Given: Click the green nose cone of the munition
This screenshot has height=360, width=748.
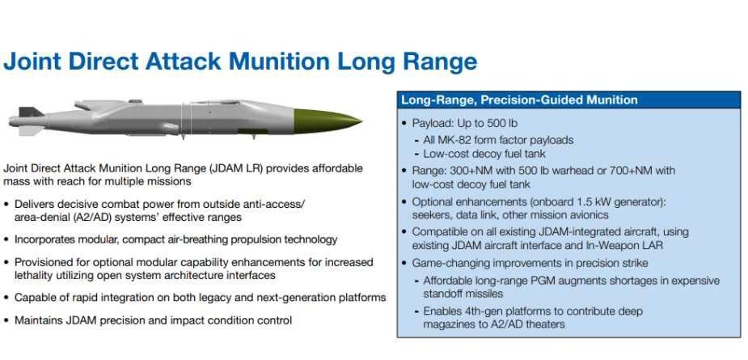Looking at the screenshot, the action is [324, 121].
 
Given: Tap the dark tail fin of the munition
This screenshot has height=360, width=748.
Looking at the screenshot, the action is [30, 112].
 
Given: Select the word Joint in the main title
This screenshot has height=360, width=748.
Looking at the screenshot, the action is [32, 61].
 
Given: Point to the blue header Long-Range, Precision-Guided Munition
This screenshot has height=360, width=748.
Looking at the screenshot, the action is [519, 100].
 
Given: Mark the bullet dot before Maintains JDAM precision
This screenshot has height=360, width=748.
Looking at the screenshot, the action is [6, 320].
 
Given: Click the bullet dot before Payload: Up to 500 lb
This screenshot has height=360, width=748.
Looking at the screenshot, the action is [404, 124].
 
